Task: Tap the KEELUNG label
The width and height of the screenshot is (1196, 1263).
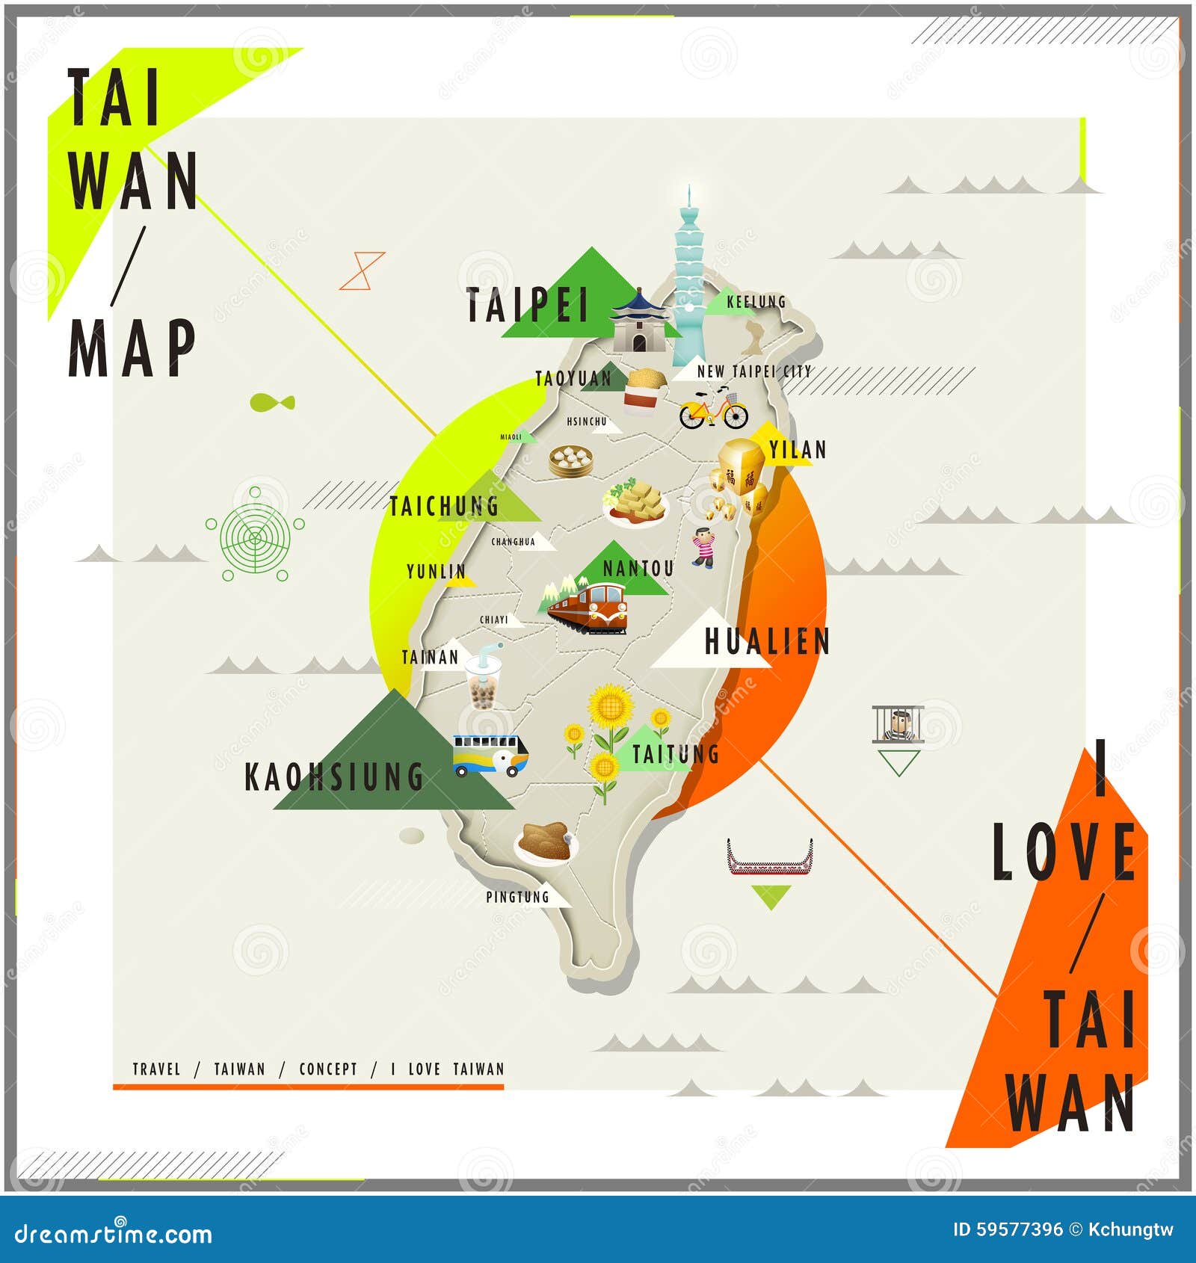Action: click(x=756, y=302)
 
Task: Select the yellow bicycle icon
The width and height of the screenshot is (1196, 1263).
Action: click(x=713, y=409)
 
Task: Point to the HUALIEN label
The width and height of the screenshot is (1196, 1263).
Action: click(x=767, y=642)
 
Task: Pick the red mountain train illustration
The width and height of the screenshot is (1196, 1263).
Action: click(x=589, y=607)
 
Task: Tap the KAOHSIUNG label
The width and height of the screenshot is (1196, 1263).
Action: click(x=334, y=777)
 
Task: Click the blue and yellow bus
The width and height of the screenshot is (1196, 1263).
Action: click(x=490, y=755)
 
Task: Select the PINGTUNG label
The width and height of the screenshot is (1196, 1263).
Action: click(x=517, y=897)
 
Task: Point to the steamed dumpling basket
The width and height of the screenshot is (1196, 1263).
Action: click(x=570, y=460)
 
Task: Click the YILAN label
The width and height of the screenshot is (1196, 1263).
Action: click(x=798, y=450)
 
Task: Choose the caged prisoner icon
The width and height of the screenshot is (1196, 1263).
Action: click(x=898, y=723)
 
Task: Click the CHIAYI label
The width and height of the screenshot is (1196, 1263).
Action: click(x=493, y=620)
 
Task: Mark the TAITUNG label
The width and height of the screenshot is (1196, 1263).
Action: click(x=675, y=754)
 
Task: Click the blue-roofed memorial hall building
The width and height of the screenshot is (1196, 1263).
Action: click(x=639, y=324)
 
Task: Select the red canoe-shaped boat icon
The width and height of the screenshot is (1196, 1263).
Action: click(x=770, y=858)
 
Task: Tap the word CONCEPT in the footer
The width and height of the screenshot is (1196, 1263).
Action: click(x=328, y=1069)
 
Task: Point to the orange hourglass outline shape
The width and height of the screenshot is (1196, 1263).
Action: click(x=363, y=271)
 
